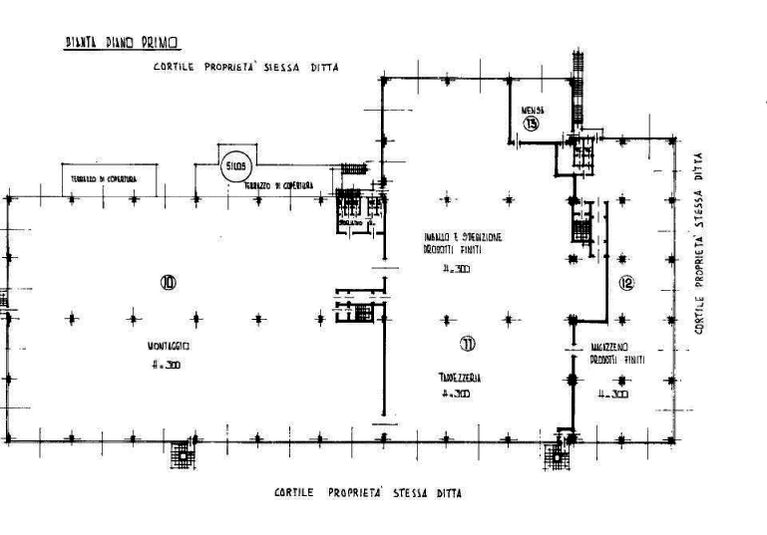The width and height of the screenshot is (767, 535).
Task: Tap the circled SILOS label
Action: coord(234,163)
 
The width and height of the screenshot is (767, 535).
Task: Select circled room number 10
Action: coord(168,283)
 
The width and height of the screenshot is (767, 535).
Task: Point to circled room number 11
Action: coord(468,344)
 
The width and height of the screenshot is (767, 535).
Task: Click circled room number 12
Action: coord(626,283)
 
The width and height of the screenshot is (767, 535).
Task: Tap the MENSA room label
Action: coord(532,106)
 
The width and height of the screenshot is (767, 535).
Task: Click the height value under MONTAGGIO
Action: coord(165,366)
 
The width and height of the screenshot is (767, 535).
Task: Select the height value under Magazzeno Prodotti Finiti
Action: coord(610,395)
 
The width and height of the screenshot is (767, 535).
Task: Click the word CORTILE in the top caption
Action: coord(174,68)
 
